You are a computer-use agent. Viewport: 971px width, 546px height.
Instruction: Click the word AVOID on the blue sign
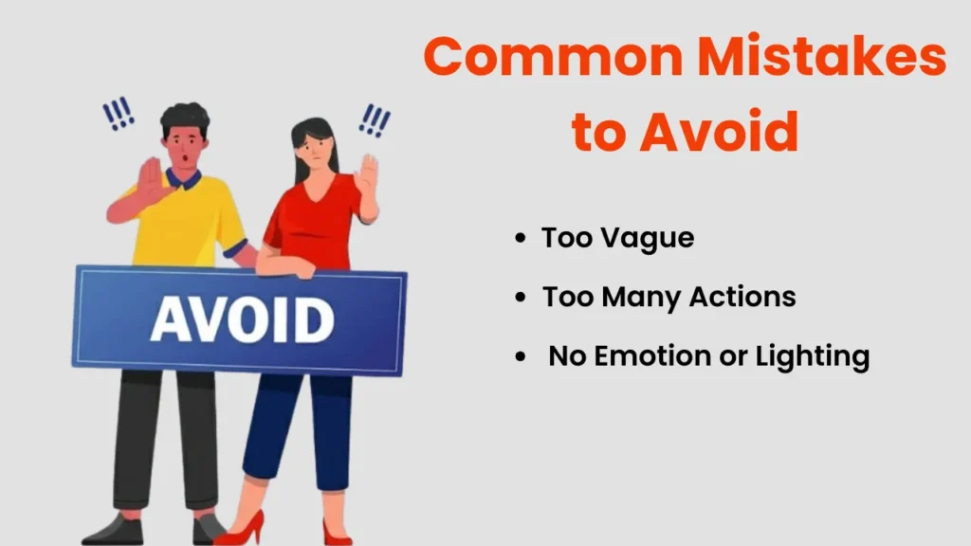pos(241,320)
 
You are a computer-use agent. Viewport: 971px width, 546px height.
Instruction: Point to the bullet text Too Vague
pos(617,238)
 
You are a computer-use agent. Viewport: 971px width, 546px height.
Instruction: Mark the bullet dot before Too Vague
pos(520,239)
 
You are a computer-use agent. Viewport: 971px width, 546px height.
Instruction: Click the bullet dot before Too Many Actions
pos(520,298)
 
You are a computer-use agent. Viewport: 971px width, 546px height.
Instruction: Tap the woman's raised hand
pos(367,175)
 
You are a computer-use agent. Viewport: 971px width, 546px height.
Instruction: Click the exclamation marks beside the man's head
pos(119,115)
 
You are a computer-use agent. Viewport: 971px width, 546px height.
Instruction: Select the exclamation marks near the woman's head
pos(376,119)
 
